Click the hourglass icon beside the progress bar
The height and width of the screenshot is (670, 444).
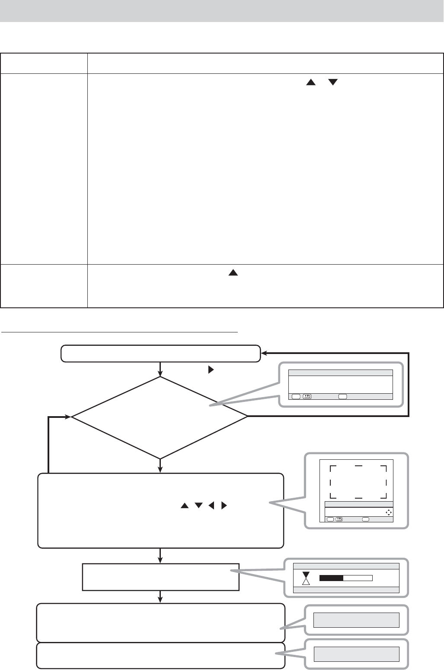(306, 578)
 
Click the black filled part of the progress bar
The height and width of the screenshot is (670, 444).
(331, 578)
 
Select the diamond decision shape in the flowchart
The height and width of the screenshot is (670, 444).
(160, 417)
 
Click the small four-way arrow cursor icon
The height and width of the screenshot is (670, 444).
(388, 512)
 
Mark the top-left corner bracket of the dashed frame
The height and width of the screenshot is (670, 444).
(332, 468)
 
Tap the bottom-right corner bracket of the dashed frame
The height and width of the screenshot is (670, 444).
(383, 495)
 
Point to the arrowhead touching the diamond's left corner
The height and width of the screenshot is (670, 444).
(68, 417)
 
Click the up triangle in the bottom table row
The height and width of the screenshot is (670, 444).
(233, 273)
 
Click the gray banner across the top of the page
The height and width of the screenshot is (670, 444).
(222, 10)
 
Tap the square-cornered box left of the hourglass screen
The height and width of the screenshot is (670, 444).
(160, 576)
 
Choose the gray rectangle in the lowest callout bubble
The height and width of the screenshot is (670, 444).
(356, 654)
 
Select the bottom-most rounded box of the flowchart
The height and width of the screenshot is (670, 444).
(161, 655)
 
